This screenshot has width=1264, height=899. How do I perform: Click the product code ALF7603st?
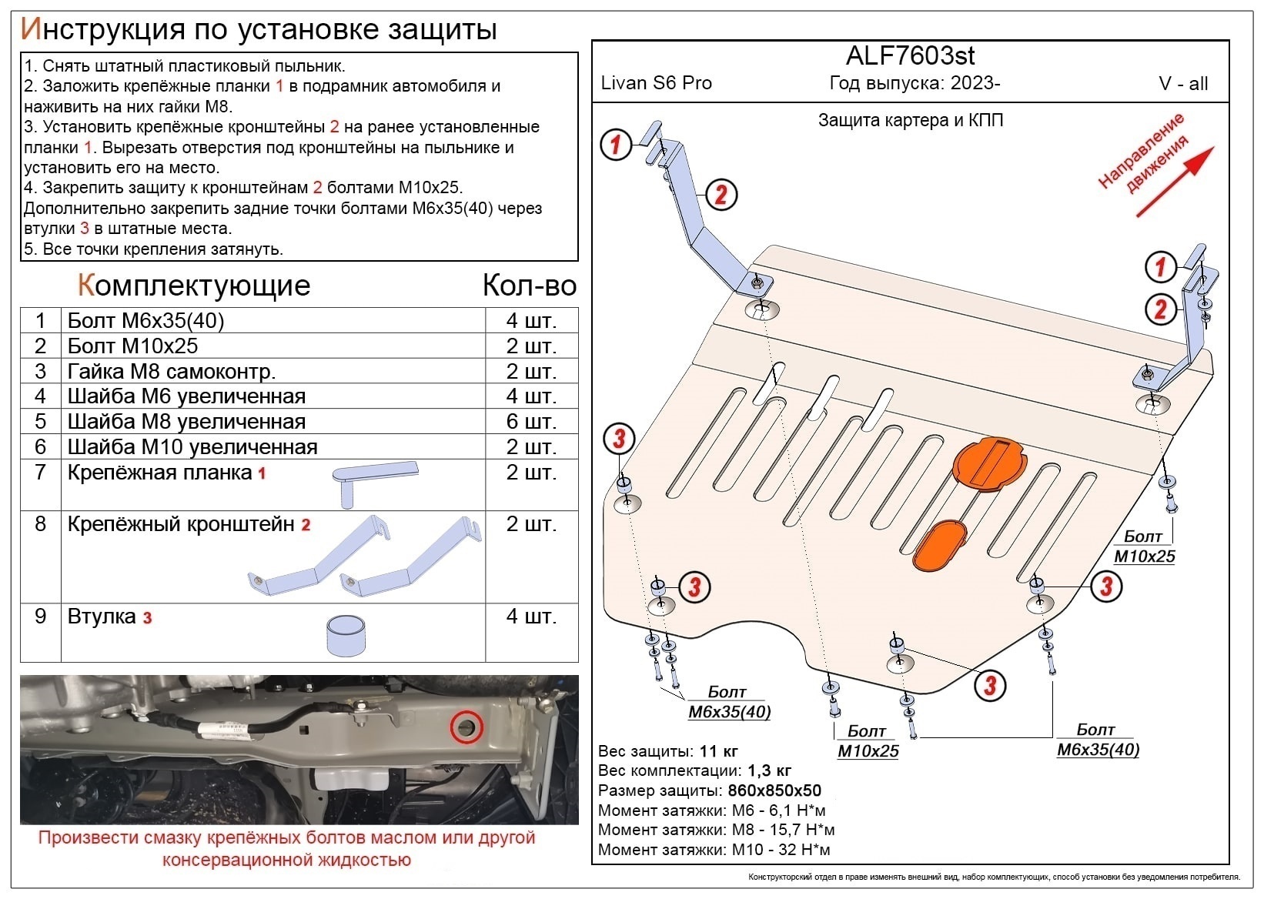[910, 55]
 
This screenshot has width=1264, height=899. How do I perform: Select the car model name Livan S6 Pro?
[656, 83]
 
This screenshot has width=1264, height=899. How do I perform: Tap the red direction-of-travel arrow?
[1175, 182]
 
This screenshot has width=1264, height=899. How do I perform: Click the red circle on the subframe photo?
[466, 727]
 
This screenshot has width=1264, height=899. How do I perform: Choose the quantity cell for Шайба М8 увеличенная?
[530, 422]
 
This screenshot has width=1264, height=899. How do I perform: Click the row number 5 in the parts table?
[40, 422]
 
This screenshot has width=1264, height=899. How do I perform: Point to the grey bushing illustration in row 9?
[346, 635]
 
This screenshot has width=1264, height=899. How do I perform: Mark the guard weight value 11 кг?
[718, 751]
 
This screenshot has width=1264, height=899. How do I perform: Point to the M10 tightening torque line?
[714, 850]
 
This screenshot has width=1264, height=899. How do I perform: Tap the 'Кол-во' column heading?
[529, 286]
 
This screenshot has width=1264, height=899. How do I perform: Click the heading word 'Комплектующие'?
[193, 286]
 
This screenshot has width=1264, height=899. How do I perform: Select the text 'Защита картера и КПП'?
[910, 120]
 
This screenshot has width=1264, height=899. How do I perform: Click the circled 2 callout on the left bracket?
[721, 195]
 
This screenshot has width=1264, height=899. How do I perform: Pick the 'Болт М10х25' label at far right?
[1144, 546]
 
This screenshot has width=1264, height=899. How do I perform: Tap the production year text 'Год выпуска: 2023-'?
[915, 83]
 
